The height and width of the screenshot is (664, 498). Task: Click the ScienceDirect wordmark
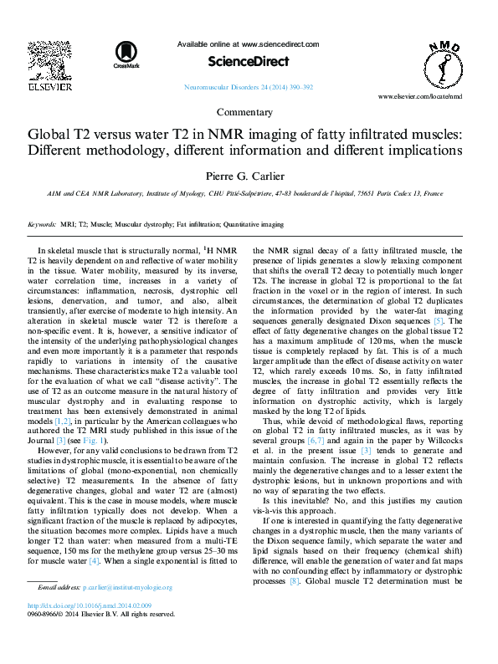pos(249,61)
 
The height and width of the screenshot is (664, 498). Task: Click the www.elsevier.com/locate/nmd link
pos(431,97)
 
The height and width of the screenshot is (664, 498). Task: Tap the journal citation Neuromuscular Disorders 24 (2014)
pos(248,87)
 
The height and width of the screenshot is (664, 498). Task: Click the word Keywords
pos(42,224)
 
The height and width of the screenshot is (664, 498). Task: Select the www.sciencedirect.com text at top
pos(280,43)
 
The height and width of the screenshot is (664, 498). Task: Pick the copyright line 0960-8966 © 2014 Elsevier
pos(102,614)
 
